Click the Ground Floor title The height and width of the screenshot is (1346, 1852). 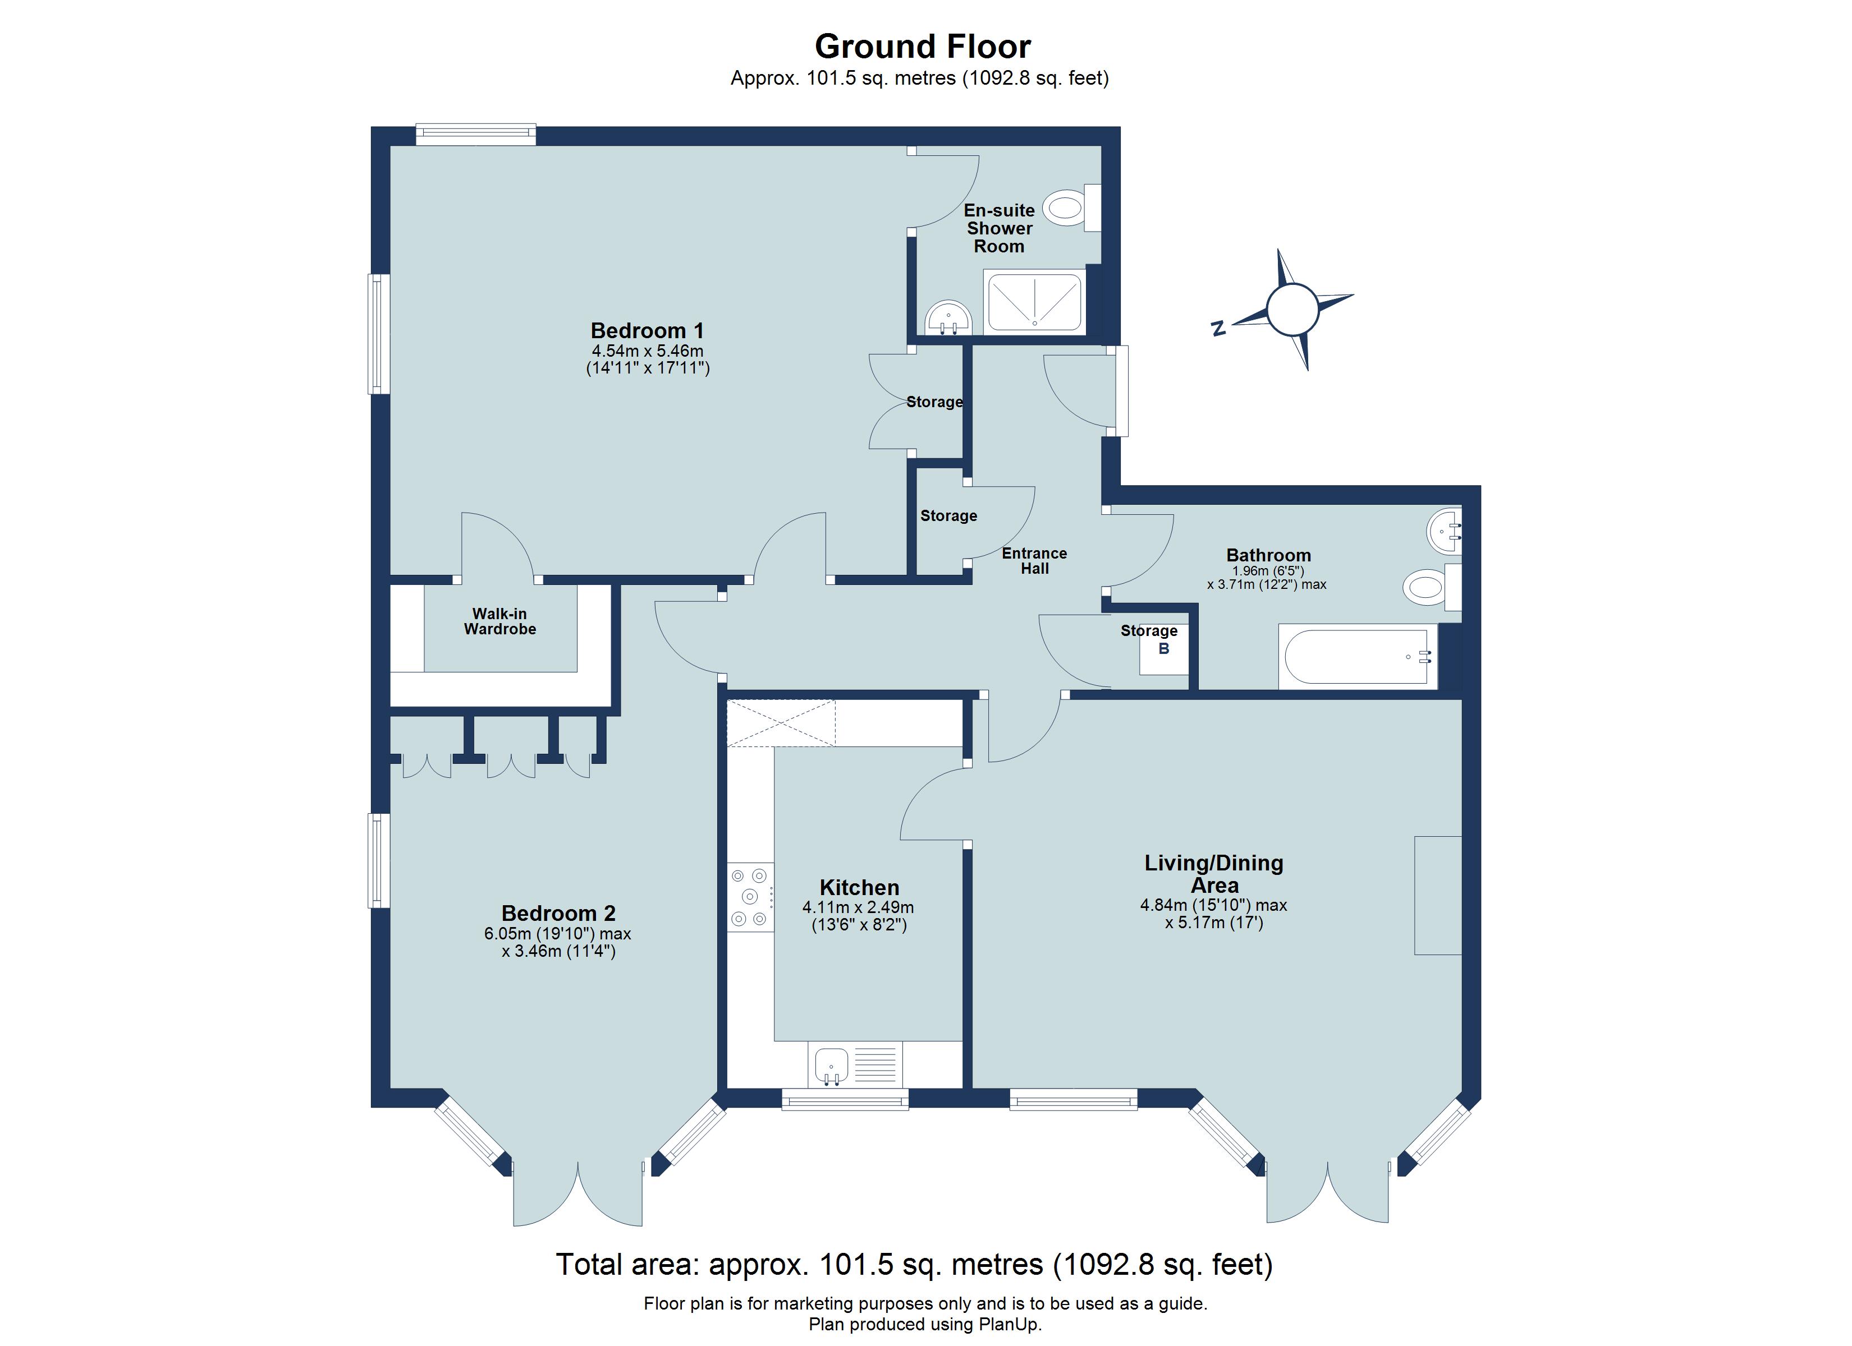922,47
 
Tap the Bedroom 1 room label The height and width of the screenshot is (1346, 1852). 646,330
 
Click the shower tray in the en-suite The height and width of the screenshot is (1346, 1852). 1035,303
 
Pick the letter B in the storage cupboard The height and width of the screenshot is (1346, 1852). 1163,649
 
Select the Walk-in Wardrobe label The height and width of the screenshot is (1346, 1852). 499,621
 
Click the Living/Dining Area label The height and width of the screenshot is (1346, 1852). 1213,873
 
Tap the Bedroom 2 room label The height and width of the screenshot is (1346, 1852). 558,912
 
